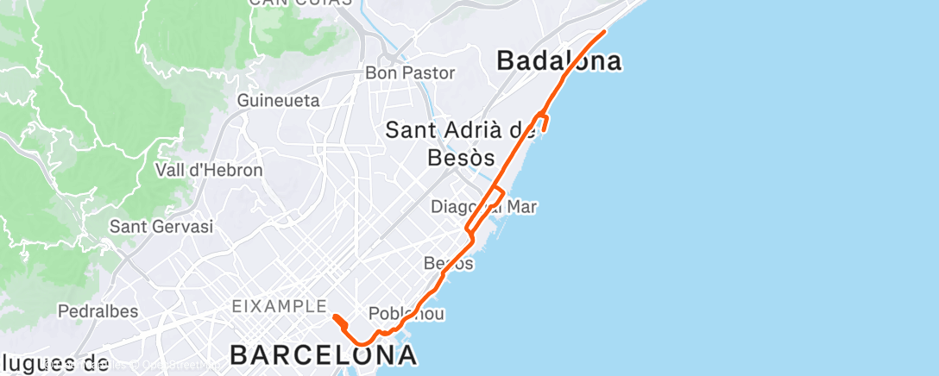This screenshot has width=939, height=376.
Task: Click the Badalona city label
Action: click(559, 61)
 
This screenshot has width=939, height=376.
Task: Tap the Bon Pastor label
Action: click(410, 73)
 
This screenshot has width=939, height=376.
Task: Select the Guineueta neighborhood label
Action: click(279, 101)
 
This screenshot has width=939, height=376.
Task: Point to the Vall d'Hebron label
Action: click(209, 170)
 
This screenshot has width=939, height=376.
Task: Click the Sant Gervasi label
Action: click(161, 227)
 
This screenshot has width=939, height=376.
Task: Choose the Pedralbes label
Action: click(94, 310)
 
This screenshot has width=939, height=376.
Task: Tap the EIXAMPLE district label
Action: click(279, 306)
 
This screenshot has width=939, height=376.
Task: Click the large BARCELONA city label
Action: click(324, 354)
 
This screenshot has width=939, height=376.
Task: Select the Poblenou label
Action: click(406, 314)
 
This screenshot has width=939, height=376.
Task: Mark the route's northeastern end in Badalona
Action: click(604, 31)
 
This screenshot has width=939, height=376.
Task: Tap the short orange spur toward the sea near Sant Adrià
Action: click(546, 125)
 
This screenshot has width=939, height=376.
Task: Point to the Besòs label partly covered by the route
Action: click(449, 263)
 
